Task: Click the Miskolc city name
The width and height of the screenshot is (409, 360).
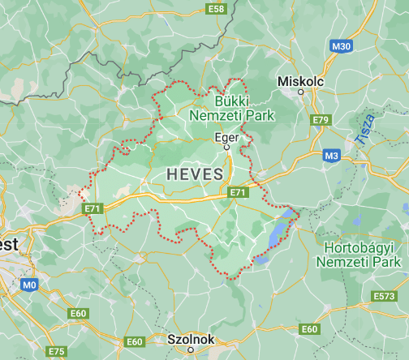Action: (x=300, y=82)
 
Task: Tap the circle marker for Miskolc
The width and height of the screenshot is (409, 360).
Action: (x=301, y=92)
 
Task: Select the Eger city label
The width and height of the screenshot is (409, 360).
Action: (x=226, y=137)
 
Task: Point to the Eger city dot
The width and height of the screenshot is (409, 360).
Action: (x=227, y=148)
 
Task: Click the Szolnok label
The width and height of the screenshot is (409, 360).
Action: (x=191, y=339)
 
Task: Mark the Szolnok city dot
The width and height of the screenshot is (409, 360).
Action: (x=191, y=350)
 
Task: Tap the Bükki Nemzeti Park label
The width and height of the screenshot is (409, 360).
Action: (x=232, y=109)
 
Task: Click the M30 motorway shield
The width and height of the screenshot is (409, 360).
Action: (x=341, y=46)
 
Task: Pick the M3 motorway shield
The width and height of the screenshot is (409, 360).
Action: (x=331, y=155)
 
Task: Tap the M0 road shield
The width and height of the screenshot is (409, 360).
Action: (x=30, y=285)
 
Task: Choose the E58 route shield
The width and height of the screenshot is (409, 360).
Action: (x=216, y=9)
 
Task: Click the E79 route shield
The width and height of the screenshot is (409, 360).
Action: (x=321, y=120)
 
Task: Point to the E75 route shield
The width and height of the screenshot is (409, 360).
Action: (x=56, y=351)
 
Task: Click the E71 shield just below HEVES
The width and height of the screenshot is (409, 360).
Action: (x=237, y=192)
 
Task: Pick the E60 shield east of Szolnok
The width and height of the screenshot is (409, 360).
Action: (x=309, y=329)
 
